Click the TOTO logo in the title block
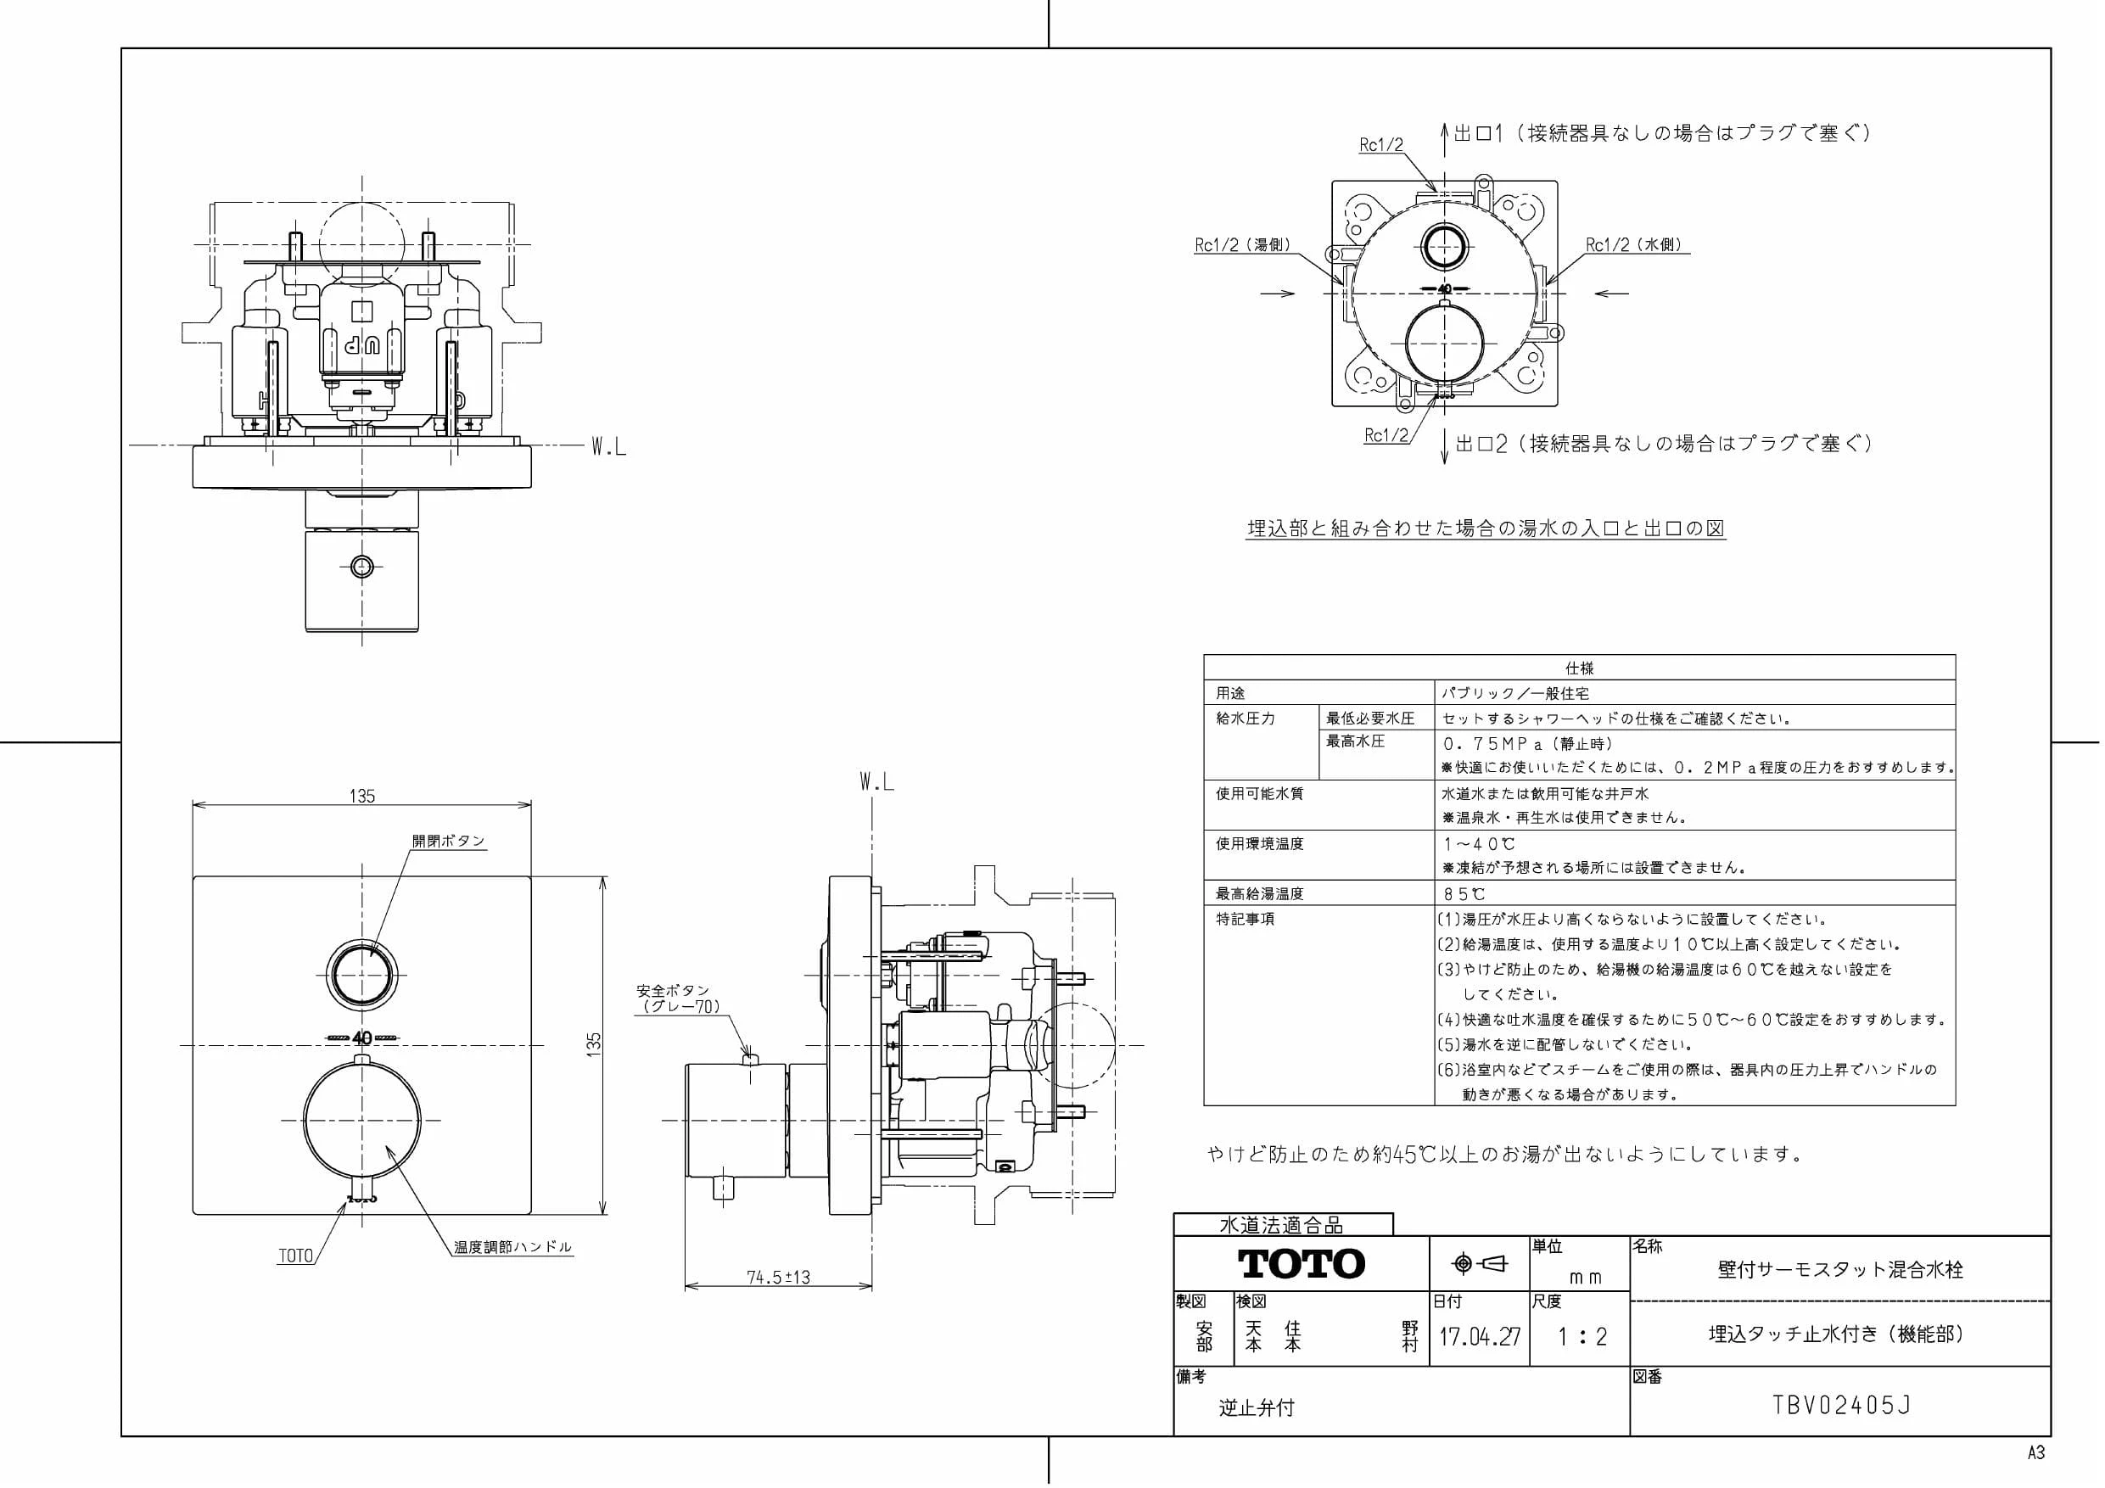(x=1302, y=1263)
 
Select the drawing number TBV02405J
(x=1842, y=1405)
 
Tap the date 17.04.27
(x=1479, y=1336)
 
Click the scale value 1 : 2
(x=1582, y=1337)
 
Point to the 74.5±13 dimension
(x=778, y=1276)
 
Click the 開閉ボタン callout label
(x=448, y=841)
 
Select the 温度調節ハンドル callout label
(x=512, y=1247)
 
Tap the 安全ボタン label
(x=673, y=990)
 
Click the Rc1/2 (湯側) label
(x=1243, y=245)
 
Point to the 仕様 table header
(x=1579, y=668)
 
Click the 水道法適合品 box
(x=1283, y=1224)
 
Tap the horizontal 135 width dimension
(x=362, y=796)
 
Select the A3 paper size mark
(x=2035, y=1452)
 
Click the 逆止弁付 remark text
(x=1256, y=1407)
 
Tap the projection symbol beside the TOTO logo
(x=1480, y=1264)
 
